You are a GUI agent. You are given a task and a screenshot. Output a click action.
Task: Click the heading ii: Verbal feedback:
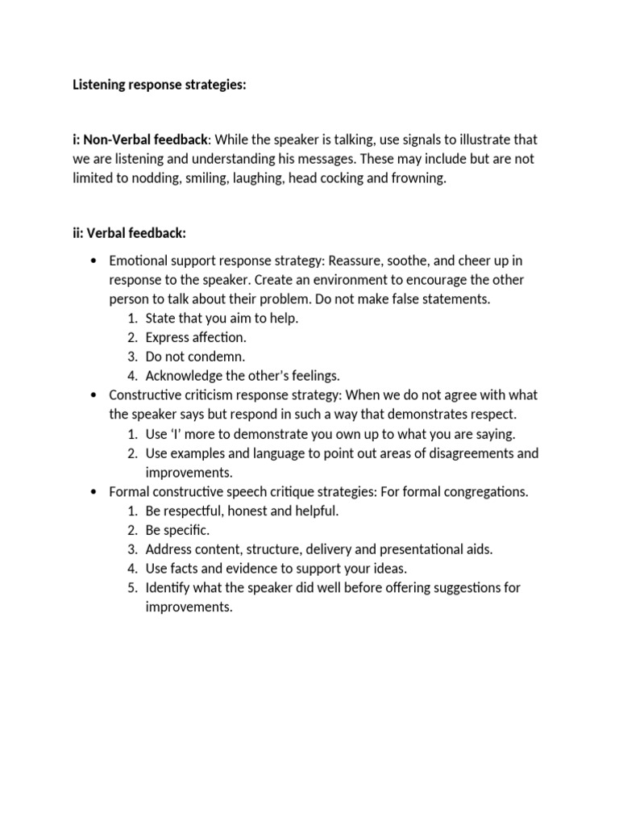[129, 233]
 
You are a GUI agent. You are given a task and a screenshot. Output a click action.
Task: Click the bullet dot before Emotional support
[94, 261]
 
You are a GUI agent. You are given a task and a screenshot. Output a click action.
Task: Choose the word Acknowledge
[186, 376]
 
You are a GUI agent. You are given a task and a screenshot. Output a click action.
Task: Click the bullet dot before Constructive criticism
[94, 395]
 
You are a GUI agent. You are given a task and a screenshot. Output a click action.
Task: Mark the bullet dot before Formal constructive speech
[94, 492]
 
